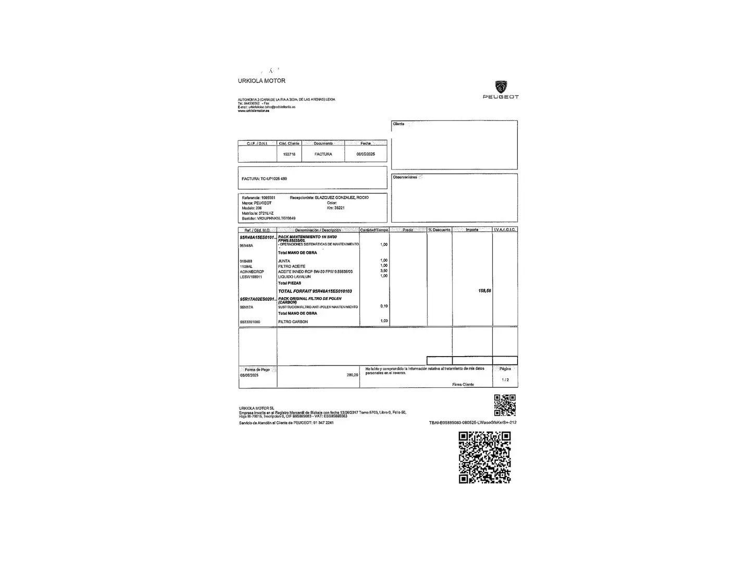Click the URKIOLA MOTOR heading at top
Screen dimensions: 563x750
(261, 81)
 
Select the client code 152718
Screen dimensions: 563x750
(289, 154)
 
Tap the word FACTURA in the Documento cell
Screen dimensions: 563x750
(323, 154)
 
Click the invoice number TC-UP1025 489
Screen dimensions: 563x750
(274, 179)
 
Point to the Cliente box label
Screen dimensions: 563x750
(398, 124)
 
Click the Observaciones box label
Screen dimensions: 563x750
(405, 177)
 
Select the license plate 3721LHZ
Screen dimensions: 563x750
(266, 213)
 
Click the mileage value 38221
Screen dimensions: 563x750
(339, 208)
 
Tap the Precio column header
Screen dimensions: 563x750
(407, 230)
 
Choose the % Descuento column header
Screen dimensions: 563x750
(439, 230)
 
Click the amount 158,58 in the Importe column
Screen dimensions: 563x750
(484, 291)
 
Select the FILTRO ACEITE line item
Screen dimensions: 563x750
(292, 266)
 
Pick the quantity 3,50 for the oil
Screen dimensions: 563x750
(384, 271)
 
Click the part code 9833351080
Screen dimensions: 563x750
(250, 322)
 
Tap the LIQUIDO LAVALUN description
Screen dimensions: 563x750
(294, 277)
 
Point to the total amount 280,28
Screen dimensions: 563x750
(352, 375)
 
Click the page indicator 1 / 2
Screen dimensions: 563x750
(505, 380)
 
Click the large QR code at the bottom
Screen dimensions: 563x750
(484, 458)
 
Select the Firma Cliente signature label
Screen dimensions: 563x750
(463, 385)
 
